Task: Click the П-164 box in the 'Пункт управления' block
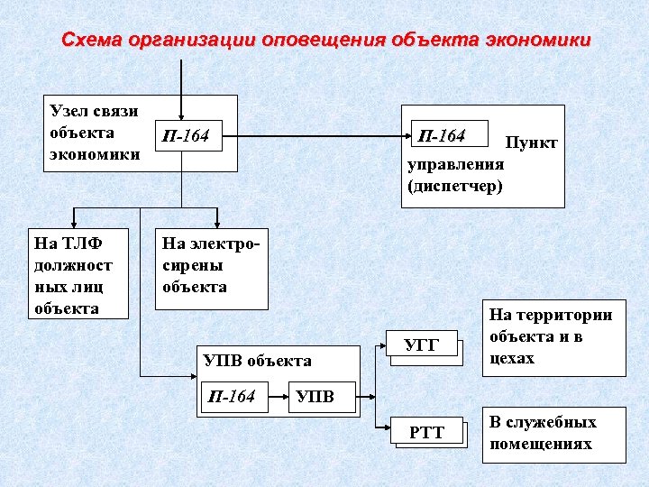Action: (448, 136)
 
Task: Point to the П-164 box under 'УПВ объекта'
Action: (233, 397)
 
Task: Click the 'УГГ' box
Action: (423, 345)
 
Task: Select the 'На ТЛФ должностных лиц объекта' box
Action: (76, 275)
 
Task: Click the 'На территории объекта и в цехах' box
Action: (553, 337)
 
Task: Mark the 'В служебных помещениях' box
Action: (553, 434)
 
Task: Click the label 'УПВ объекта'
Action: (257, 361)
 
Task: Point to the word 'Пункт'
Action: (531, 143)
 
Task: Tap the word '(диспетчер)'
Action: (455, 187)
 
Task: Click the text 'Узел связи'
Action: (94, 111)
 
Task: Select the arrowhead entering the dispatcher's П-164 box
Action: (405, 136)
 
